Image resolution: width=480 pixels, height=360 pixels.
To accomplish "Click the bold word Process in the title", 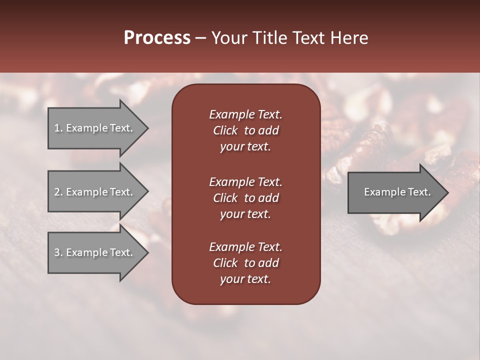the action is (157, 38).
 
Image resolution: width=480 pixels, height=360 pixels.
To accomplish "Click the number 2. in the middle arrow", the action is (58, 192).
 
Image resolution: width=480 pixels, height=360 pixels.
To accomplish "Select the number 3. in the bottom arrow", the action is (58, 252).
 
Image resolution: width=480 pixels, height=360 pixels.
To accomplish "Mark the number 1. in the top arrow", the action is (58, 128).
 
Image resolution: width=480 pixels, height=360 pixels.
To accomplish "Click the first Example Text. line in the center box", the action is (245, 114).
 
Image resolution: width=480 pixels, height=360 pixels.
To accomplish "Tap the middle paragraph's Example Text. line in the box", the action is (245, 182).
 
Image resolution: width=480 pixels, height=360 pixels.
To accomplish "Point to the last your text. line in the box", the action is (245, 279).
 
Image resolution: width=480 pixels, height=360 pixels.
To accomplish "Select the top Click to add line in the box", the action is (245, 130).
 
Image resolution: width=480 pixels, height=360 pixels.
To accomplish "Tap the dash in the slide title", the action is (200, 38).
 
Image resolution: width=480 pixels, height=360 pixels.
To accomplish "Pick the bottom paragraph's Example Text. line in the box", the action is (245, 247).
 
